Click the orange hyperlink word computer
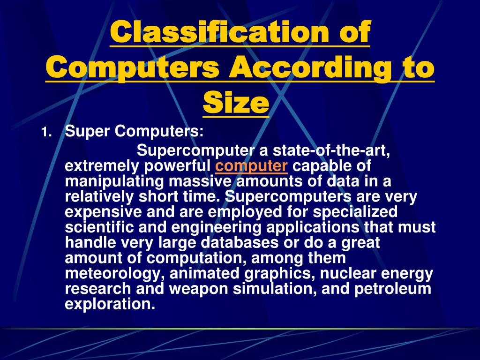(252, 166)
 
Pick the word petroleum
(392, 289)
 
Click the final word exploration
(110, 304)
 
